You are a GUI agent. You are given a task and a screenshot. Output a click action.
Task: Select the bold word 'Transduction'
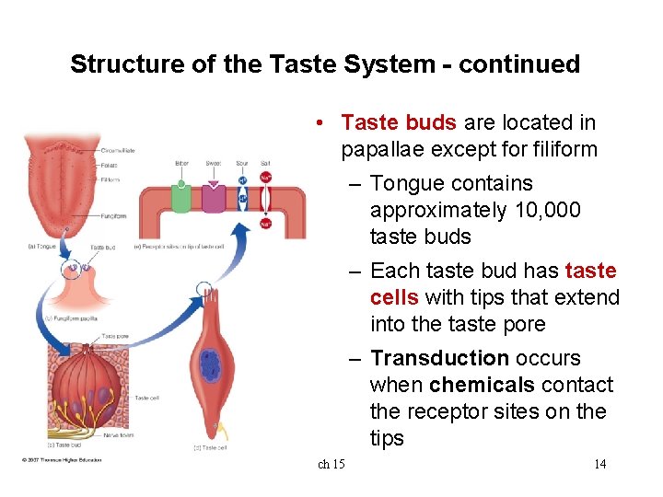click(x=439, y=358)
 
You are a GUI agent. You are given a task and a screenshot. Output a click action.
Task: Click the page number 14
click(x=599, y=464)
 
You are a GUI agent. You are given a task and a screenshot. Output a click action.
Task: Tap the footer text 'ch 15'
click(x=331, y=464)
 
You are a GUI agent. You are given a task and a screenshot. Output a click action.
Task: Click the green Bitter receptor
click(x=182, y=198)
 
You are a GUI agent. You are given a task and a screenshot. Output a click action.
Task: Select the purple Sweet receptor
click(x=214, y=198)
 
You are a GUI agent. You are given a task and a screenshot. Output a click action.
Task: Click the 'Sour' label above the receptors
click(x=241, y=164)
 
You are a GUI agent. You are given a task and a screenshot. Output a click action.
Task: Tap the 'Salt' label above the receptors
click(x=265, y=164)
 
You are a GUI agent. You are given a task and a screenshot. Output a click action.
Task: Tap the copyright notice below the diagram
click(x=62, y=460)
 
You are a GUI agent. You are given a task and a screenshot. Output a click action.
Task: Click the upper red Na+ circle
click(x=265, y=178)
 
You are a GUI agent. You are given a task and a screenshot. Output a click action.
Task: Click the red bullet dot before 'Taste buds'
click(x=316, y=123)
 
